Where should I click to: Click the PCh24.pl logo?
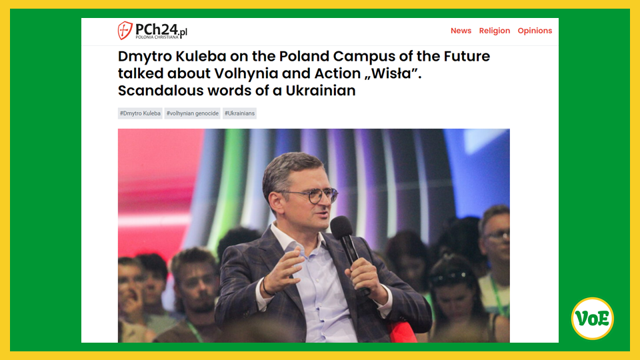[152, 31]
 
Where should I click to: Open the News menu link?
[461, 31]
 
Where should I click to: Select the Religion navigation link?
[494, 31]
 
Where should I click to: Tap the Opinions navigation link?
[535, 31]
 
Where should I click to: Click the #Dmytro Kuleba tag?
[140, 113]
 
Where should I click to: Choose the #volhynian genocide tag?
[192, 113]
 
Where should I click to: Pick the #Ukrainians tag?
[239, 113]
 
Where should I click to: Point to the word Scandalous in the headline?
[161, 90]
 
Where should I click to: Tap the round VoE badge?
[592, 319]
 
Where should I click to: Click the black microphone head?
[341, 227]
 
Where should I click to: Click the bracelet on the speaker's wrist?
[266, 287]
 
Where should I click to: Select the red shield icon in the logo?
[125, 31]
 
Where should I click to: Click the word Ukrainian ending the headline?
[321, 90]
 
